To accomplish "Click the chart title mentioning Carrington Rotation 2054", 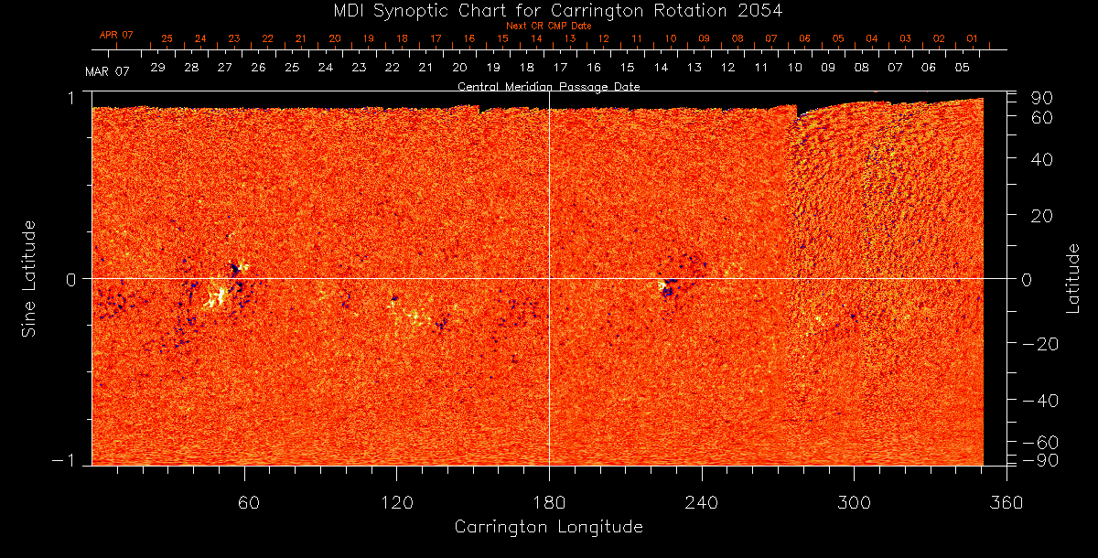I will pos(549,10).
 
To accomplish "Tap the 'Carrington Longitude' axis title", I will pos(548,527).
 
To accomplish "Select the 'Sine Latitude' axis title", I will pos(29,278).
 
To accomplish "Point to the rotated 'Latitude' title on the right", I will pos(1073,278).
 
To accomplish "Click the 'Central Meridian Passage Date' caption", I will pos(548,87).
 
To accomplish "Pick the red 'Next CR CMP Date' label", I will pos(548,26).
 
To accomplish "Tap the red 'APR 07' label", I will pos(116,35).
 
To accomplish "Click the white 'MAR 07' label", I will pos(108,70).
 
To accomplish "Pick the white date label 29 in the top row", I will pos(158,68).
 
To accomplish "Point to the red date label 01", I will pos(972,39).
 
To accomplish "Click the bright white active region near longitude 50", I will pos(218,296).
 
